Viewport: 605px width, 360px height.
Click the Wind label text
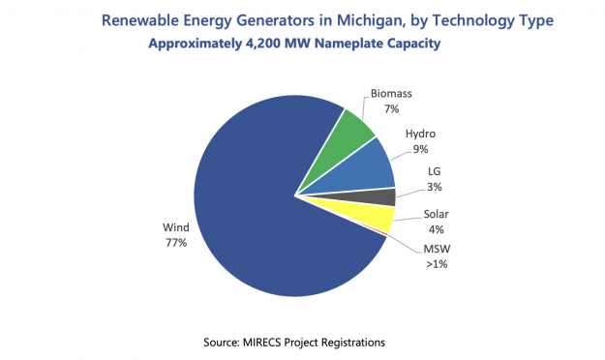coord(175,228)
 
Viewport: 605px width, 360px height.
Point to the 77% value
coord(175,243)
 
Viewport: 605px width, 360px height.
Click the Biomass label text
coord(391,94)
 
